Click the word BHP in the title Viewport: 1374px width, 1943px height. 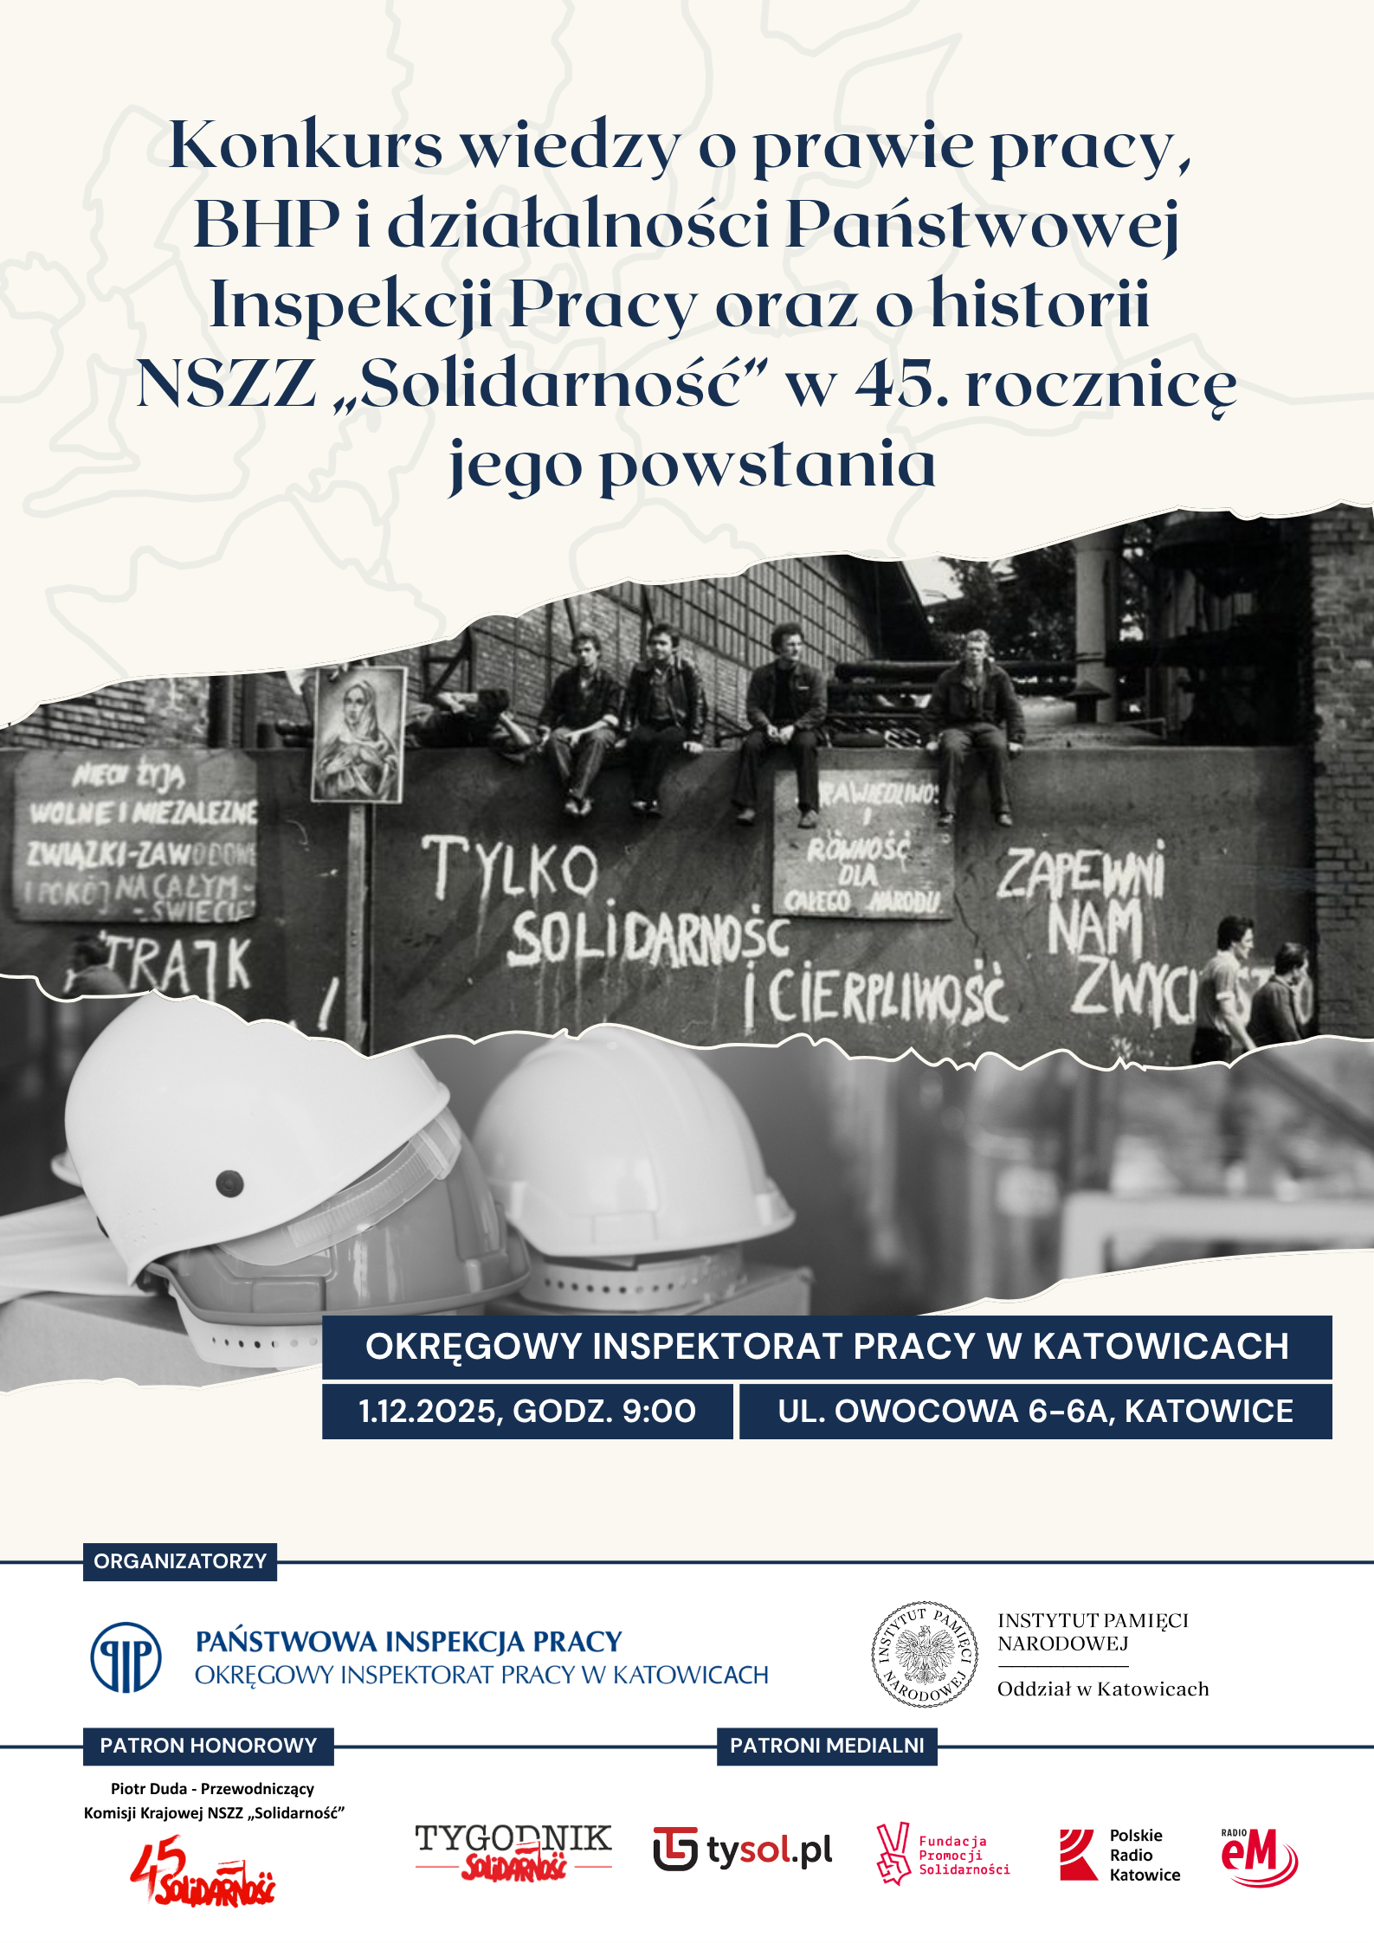coord(267,224)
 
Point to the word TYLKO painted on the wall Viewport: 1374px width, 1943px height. coord(510,866)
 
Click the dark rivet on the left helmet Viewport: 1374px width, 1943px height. coord(229,1182)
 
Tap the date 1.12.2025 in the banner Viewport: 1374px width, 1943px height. coord(431,1412)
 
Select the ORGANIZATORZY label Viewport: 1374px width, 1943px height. coord(180,1561)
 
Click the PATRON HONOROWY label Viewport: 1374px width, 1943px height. coord(209,1746)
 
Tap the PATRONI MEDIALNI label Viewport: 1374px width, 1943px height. coord(827,1746)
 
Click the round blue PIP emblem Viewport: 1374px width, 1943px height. coord(126,1657)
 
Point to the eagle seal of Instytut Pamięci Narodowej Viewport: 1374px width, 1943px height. coord(925,1654)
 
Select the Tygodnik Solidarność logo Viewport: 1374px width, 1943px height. coord(513,1851)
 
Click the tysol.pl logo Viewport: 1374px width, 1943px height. coord(743,1851)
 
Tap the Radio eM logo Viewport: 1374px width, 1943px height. coord(1259,1855)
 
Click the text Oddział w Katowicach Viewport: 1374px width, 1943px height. coord(1103,1689)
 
